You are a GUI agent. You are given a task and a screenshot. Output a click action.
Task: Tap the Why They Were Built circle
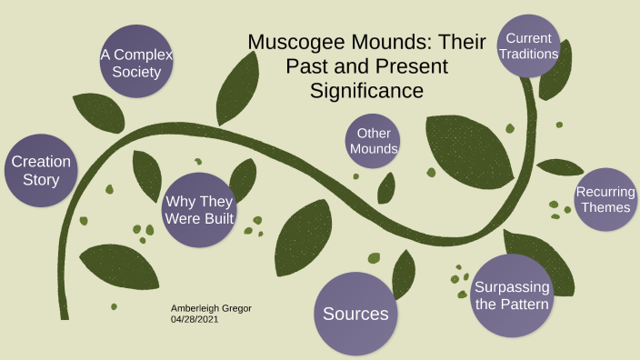pos(198,209)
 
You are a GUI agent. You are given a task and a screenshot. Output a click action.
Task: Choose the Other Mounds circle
pos(373,141)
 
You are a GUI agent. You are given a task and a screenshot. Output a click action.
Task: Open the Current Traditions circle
pos(529,46)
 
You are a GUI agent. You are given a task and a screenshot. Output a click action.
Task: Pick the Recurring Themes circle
pos(604,200)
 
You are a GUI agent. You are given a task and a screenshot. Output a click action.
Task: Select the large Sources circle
pos(355,314)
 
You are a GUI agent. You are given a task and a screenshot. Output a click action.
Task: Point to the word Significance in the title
pos(366,91)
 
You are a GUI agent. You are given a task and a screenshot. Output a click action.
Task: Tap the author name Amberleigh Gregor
pos(211,308)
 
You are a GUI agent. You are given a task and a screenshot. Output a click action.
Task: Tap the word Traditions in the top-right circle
pos(528,55)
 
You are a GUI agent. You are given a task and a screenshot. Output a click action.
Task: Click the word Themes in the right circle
pos(606,208)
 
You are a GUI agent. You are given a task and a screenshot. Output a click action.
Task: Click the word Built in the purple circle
pos(217,219)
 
